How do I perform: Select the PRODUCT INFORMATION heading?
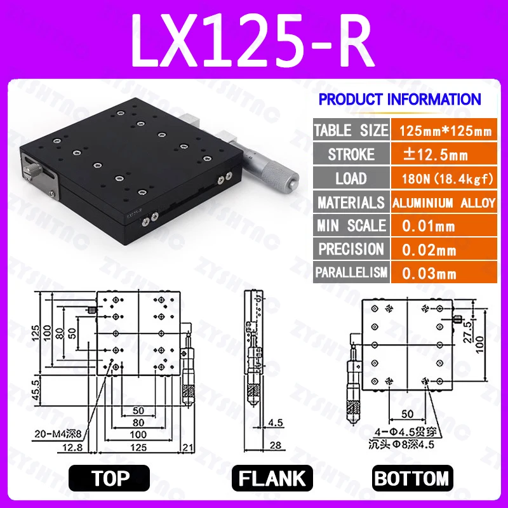coord(399,99)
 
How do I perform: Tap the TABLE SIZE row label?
coord(351,131)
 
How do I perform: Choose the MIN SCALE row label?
coord(351,225)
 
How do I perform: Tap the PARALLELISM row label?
coord(351,273)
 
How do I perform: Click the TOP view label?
coord(109,478)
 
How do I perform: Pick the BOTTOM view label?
coord(411,478)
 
